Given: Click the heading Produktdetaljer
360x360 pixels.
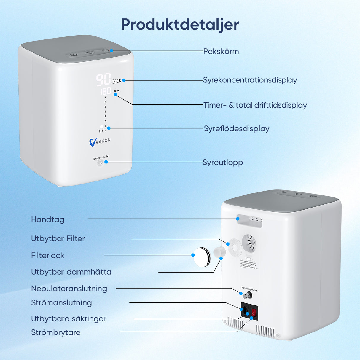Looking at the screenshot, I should click(180, 24).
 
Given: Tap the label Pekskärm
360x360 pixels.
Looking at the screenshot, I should click(221, 51).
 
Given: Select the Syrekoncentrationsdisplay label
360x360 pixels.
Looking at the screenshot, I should click(250, 80).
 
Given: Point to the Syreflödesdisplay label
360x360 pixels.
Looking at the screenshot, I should click(236, 129).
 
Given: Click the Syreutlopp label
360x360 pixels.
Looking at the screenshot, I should click(223, 163).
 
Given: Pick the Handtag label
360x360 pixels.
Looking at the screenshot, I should click(48, 219).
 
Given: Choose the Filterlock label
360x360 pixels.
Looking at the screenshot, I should click(48, 255).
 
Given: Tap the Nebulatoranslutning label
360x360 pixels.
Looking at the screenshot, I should click(69, 289).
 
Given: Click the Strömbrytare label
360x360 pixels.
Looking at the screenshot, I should click(56, 332).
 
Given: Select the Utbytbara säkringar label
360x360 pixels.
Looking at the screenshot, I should click(69, 319).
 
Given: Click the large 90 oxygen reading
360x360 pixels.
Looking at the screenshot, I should click(103, 79).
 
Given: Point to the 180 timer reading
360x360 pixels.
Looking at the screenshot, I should click(106, 91).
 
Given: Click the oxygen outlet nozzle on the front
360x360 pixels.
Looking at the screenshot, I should click(100, 162).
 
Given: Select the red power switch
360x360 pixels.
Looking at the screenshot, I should click(254, 312).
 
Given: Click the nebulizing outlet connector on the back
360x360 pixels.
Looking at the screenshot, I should click(247, 295).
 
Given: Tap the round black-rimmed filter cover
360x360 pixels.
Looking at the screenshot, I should click(202, 257).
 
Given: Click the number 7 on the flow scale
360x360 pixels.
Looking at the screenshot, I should click(105, 97).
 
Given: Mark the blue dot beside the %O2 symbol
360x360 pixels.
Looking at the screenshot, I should click(124, 80).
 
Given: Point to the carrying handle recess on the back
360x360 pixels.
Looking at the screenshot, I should click(249, 221).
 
